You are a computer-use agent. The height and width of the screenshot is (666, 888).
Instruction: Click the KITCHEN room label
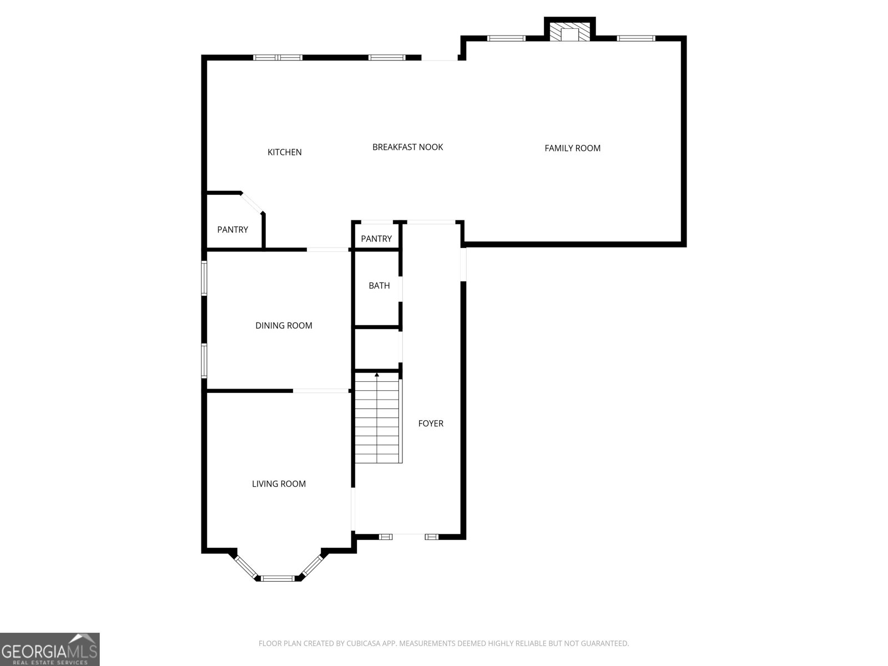(x=284, y=152)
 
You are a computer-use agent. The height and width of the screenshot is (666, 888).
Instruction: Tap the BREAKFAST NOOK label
(x=407, y=147)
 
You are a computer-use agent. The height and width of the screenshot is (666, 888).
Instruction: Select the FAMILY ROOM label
(x=572, y=148)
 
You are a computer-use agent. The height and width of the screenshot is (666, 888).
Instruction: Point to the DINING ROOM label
(x=284, y=326)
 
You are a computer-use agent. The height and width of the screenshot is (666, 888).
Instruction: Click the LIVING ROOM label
(x=279, y=484)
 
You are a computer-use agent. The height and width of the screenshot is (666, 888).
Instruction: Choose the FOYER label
(x=431, y=423)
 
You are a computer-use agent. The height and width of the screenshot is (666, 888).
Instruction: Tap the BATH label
(x=379, y=286)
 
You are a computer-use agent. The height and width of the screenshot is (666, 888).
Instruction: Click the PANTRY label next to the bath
(x=376, y=239)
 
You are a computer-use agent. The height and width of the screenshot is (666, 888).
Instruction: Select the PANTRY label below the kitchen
(x=233, y=230)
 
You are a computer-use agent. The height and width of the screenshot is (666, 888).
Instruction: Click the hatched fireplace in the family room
(x=569, y=33)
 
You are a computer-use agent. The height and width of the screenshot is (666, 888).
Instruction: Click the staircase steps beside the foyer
(x=377, y=422)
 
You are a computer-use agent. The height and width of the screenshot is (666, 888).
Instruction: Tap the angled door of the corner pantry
(x=252, y=202)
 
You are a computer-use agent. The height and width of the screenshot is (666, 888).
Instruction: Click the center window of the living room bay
(x=277, y=578)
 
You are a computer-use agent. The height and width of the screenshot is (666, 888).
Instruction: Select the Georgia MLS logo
(x=49, y=649)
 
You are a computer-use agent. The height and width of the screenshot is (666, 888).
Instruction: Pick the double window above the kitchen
(x=277, y=57)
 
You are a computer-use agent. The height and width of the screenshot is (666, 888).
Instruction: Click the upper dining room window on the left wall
(x=204, y=278)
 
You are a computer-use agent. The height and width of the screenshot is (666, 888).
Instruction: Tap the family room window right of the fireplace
(x=636, y=38)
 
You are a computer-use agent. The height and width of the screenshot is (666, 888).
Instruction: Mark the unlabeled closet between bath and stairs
(x=377, y=349)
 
